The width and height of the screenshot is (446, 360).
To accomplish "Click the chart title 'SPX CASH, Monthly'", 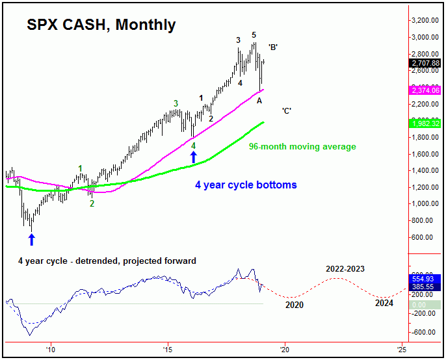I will pyautogui.click(x=101, y=25).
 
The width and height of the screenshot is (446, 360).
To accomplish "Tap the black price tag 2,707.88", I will pyautogui.click(x=426, y=63).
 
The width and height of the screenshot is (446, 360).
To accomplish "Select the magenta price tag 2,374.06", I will pyautogui.click(x=426, y=90).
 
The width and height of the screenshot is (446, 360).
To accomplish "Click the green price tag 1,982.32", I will pyautogui.click(x=426, y=123).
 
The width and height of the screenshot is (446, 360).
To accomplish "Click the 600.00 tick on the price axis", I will pyautogui.click(x=428, y=237).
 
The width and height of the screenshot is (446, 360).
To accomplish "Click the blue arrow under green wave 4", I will pyautogui.click(x=193, y=157).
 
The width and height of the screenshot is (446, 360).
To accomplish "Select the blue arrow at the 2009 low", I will pyautogui.click(x=31, y=239).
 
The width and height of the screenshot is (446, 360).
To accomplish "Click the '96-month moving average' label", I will pyautogui.click(x=302, y=147).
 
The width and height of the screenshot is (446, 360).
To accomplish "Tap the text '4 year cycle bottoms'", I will pyautogui.click(x=246, y=185).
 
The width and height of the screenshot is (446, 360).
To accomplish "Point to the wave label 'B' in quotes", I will pyautogui.click(x=274, y=47).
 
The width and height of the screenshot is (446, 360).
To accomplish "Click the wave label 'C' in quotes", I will pyautogui.click(x=286, y=110).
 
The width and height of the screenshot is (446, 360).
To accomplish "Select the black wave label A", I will pyautogui.click(x=259, y=100).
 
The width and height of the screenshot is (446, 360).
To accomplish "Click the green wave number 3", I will pyautogui.click(x=176, y=103).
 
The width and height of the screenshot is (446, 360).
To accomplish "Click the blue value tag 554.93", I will pyautogui.click(x=426, y=278).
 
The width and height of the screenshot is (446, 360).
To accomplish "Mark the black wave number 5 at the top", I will pyautogui.click(x=254, y=35).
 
